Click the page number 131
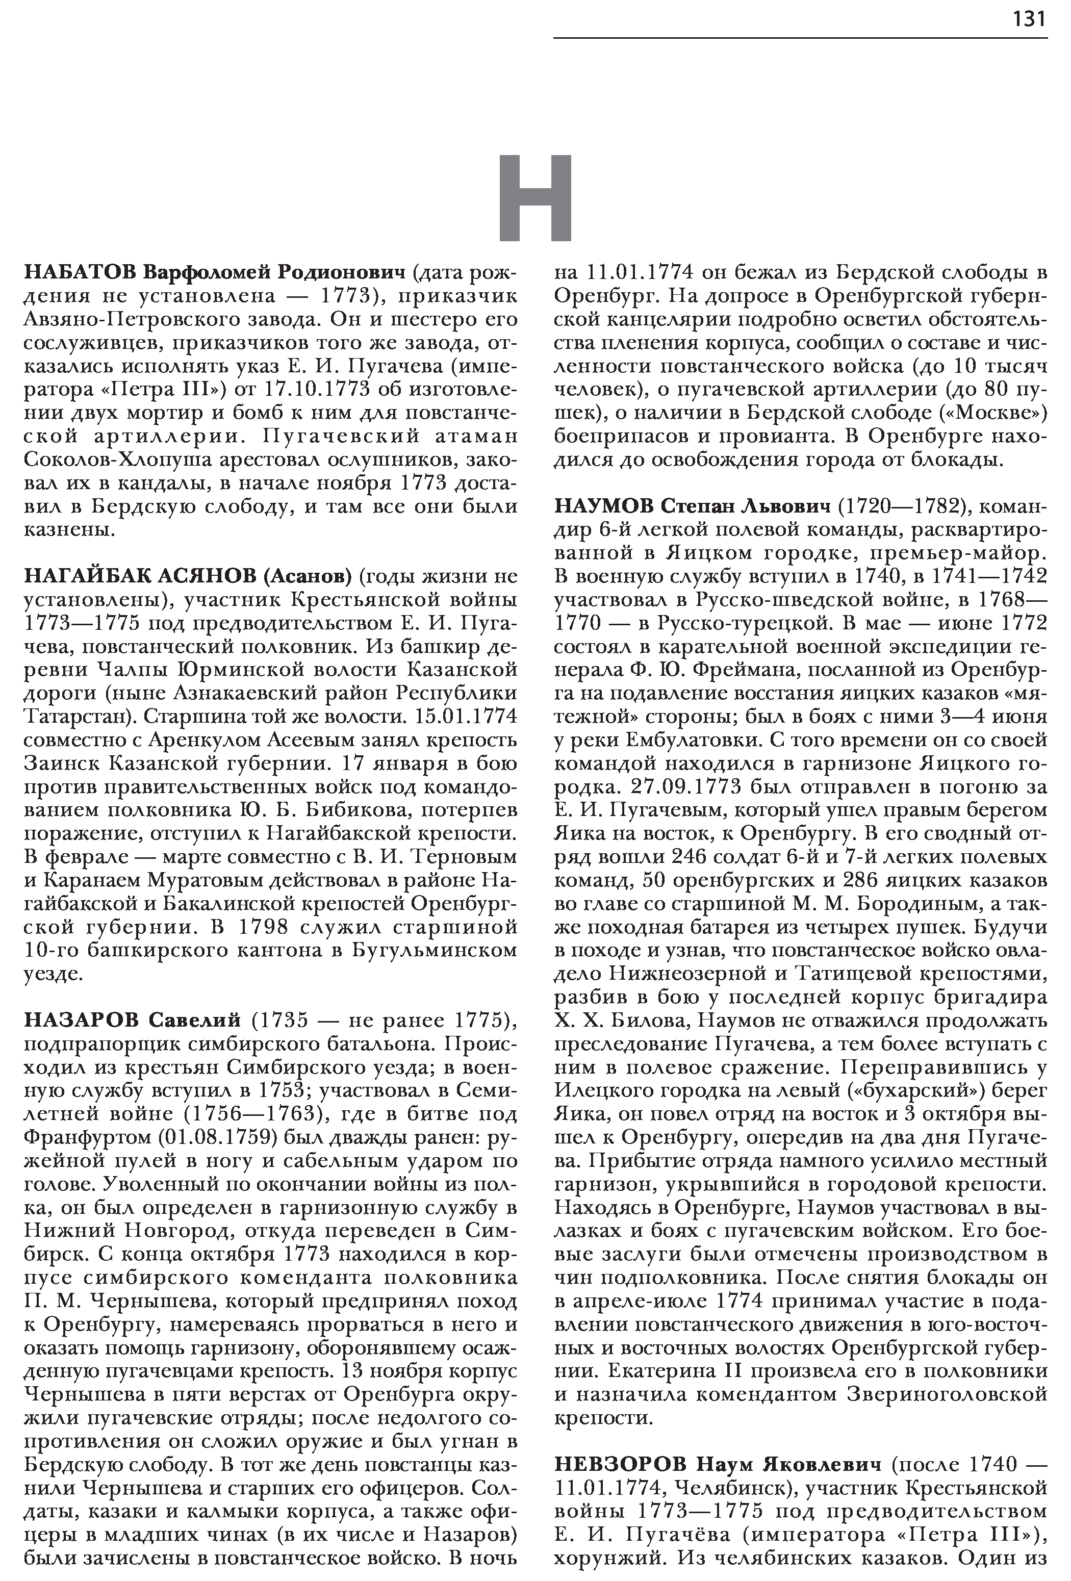pos(1029,18)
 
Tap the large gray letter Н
pos(535,198)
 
